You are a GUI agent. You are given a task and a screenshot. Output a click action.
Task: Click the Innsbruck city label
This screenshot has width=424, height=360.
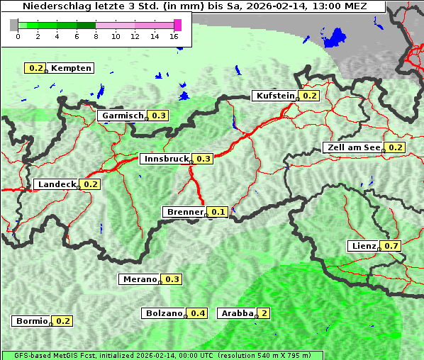tap(166, 159)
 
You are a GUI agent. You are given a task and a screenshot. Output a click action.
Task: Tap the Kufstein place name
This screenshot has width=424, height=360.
tap(274, 96)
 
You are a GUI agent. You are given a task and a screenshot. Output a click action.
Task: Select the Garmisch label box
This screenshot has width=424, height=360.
tap(122, 116)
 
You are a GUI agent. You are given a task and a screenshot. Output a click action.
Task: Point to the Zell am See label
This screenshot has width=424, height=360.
tap(352, 147)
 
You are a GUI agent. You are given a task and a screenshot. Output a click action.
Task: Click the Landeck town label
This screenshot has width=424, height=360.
tap(56, 184)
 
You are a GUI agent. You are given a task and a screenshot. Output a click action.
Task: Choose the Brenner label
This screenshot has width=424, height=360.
tap(184, 212)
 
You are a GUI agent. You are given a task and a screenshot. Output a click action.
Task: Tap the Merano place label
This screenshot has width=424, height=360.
tap(139, 279)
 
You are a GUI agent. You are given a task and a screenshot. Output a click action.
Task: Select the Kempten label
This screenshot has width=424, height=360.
tap(71, 68)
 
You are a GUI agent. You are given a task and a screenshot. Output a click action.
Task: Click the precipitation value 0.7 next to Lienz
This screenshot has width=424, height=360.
tap(392, 246)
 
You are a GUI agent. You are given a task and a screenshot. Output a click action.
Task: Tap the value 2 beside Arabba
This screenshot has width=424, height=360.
tap(264, 313)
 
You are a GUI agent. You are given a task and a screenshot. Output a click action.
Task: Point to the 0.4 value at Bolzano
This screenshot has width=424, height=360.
tap(198, 313)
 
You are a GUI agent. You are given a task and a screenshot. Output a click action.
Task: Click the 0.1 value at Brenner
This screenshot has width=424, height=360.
tap(218, 212)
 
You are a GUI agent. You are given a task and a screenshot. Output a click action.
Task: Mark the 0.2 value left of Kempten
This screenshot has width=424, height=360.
tap(35, 68)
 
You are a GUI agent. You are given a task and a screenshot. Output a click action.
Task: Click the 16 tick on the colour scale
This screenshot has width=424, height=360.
tap(174, 36)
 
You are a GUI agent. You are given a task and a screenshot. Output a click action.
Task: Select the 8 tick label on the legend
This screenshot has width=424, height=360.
tap(95, 36)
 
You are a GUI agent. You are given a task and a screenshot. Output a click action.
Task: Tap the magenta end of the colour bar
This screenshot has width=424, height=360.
tap(177, 25)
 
